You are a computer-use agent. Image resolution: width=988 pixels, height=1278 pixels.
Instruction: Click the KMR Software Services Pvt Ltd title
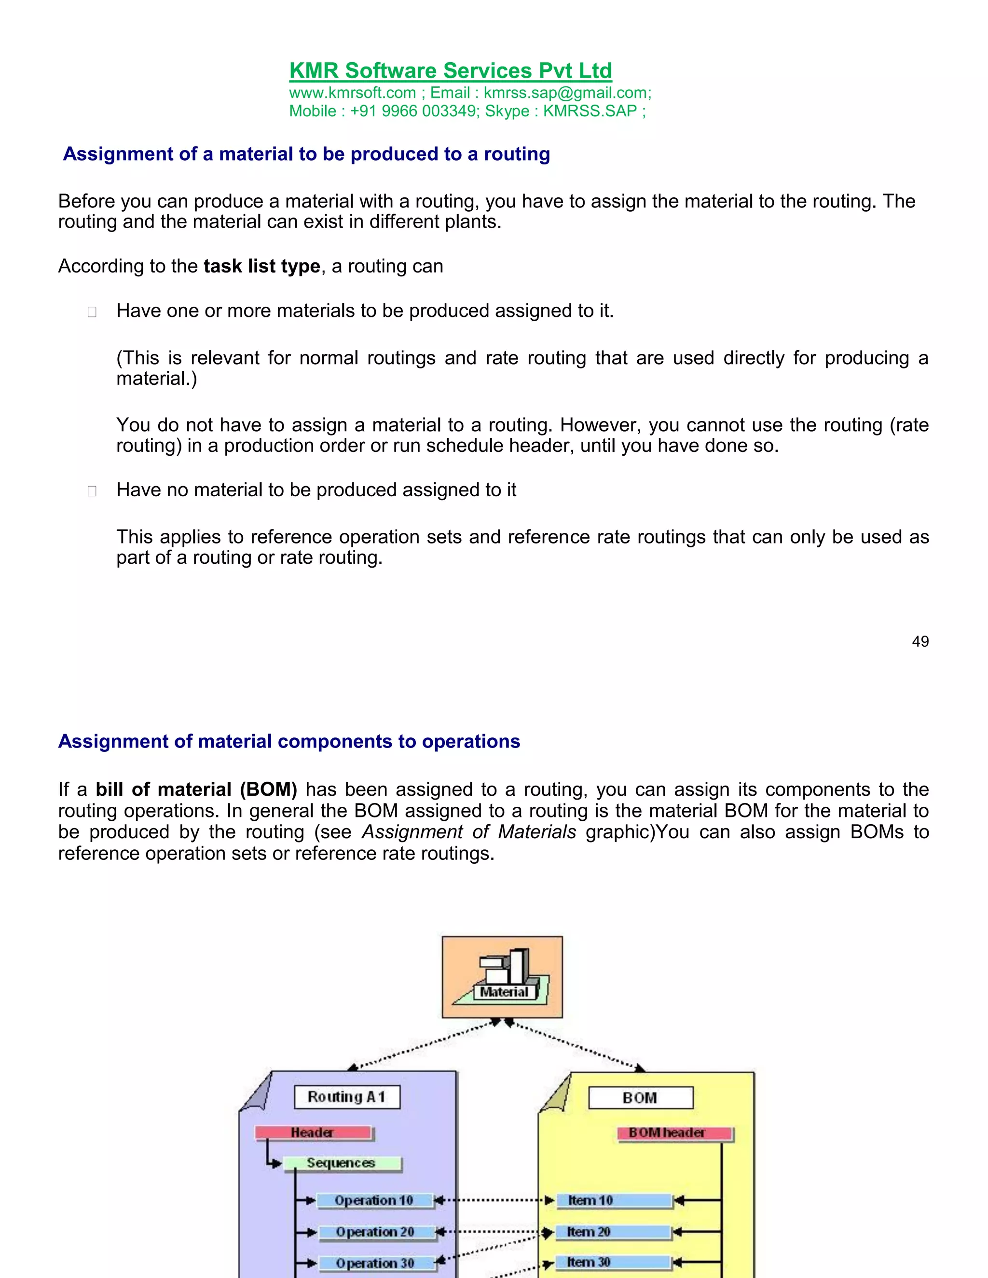click(450, 71)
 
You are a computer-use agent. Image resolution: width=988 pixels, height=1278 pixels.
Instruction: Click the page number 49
click(920, 641)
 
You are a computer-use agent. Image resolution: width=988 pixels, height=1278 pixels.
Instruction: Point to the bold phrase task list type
click(261, 266)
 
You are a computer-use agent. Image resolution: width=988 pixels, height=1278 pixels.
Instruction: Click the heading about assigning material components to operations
click(289, 741)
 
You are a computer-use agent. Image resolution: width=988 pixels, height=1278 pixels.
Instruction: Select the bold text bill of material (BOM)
click(196, 789)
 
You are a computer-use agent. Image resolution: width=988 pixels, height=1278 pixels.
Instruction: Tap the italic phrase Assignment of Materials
click(469, 832)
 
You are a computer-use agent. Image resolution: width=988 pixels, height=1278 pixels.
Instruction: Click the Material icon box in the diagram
click(502, 977)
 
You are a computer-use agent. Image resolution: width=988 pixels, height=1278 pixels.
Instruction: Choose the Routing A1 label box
click(346, 1097)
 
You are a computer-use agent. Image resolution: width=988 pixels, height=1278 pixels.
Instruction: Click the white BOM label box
click(640, 1098)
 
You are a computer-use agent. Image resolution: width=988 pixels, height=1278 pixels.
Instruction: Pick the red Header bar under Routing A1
click(313, 1133)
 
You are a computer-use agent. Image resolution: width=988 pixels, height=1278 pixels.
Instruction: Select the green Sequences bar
click(342, 1163)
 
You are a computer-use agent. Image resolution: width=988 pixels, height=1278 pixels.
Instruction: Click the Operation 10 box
click(374, 1201)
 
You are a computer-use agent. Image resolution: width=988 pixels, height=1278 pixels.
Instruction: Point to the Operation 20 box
click(376, 1232)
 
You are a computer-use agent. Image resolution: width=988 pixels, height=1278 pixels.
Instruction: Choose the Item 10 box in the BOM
click(613, 1201)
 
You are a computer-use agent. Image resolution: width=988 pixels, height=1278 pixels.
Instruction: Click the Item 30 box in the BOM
click(612, 1262)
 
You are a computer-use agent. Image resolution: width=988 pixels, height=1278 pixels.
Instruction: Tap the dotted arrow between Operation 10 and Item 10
click(494, 1200)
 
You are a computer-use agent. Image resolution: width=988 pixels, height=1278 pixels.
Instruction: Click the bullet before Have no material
click(92, 491)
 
